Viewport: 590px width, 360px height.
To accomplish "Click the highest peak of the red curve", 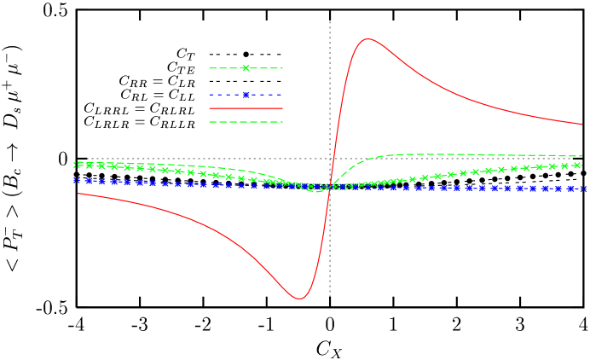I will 367,38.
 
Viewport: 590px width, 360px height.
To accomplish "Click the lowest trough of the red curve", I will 299,299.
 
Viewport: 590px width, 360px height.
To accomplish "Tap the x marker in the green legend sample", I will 246,68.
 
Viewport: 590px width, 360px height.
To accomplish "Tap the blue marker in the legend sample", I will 246,95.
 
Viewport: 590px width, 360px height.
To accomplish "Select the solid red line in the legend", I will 246,108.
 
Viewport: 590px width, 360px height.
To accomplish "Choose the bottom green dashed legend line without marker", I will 246,122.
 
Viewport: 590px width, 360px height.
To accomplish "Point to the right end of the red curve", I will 582,125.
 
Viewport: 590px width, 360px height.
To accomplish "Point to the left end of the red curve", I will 78,194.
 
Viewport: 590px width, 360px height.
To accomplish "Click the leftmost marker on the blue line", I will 77,181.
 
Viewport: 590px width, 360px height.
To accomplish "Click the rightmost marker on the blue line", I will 583,189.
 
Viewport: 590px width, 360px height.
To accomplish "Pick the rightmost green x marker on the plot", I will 577,165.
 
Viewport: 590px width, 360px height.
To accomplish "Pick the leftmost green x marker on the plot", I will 78,165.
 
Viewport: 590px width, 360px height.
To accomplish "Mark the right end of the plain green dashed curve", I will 582,156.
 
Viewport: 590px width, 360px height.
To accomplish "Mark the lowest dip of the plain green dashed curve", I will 315,191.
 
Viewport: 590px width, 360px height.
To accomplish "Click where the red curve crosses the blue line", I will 327,186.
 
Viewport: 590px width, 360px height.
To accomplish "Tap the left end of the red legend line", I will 209,108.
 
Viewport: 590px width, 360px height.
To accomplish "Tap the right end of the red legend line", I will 282,108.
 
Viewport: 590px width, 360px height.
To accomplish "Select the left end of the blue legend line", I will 209,95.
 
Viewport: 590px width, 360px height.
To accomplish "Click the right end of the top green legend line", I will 282,68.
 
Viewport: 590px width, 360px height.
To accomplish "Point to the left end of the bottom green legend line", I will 209,122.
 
